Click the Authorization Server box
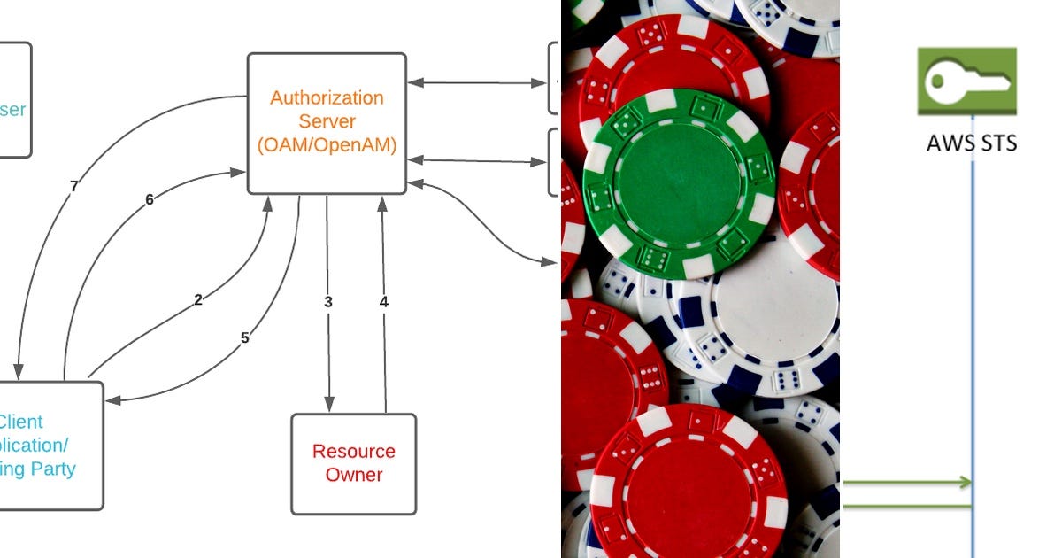[x=327, y=123]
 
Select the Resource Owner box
[x=353, y=463]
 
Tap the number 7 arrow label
[x=73, y=186]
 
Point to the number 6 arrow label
[x=150, y=200]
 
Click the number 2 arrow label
[x=198, y=300]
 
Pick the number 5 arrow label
[x=245, y=337]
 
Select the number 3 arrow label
[x=328, y=302]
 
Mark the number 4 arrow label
[x=383, y=302]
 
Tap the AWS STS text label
[x=972, y=143]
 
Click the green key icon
[x=966, y=81]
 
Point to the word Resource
[x=353, y=452]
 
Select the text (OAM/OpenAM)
[x=327, y=146]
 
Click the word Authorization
[x=327, y=97]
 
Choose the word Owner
[x=354, y=475]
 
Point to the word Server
[x=327, y=121]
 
